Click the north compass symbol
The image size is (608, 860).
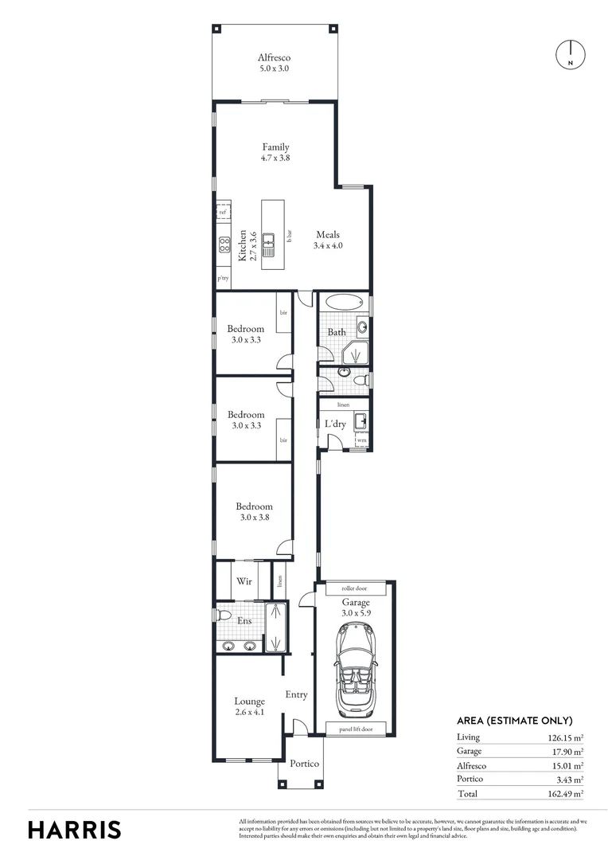pos(570,54)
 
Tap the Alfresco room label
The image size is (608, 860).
pos(273,57)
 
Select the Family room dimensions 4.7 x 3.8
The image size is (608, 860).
pos(275,158)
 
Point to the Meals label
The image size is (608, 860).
pos(328,234)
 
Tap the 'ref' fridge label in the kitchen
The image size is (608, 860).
pos(223,213)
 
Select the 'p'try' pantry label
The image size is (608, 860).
pos(223,279)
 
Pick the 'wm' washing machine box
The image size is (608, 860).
pos(361,440)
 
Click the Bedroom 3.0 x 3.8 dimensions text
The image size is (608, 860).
pos(253,518)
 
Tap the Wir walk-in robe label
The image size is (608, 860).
pos(244,581)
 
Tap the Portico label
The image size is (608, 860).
pos(303,764)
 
